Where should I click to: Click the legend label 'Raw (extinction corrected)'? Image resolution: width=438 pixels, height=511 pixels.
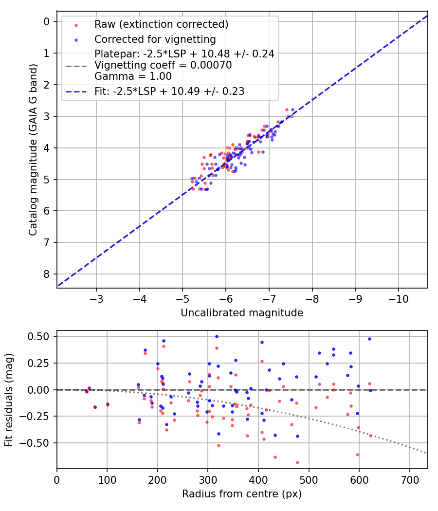[161, 24]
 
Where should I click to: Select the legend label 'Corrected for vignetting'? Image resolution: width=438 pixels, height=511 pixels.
[155, 39]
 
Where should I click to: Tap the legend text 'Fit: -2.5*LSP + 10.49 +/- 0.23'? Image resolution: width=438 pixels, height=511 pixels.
[169, 91]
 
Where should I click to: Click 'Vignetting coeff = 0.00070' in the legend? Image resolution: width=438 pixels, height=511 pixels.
[163, 65]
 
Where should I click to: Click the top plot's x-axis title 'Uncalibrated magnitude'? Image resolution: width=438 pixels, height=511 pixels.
[242, 313]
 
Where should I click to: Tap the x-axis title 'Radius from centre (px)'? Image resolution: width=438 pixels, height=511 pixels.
[242, 494]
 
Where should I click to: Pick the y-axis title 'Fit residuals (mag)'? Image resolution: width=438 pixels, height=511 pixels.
[9, 399]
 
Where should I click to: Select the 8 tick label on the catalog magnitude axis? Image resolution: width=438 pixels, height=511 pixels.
[47, 274]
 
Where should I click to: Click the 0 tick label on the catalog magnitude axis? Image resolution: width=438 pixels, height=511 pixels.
[47, 21]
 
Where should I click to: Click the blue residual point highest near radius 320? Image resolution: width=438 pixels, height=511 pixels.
[217, 336]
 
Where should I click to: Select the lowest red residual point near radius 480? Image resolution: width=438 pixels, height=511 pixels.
[297, 462]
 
